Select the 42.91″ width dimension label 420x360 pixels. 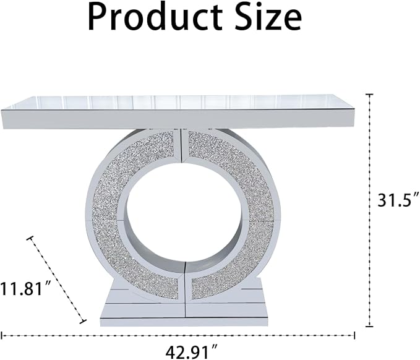pos(191,351)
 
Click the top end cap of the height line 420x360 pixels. pos(370,95)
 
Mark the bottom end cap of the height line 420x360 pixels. pos(370,326)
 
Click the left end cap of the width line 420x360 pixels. pos(2,335)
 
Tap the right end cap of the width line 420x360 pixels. pos(354,335)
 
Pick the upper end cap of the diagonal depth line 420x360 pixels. pos(30,238)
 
